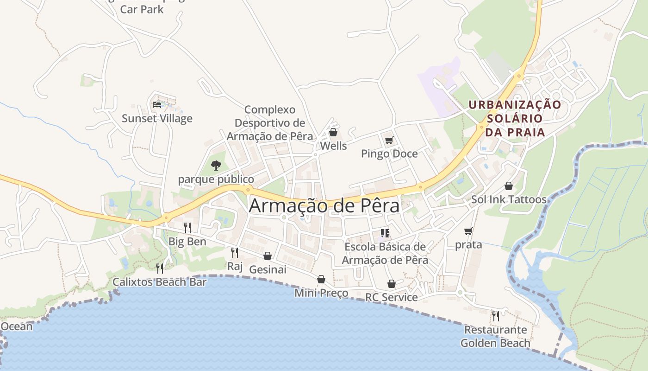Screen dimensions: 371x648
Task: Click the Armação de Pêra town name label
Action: (324, 205)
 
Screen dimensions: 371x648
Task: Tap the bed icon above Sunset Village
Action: (157, 105)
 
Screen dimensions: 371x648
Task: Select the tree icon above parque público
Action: (216, 165)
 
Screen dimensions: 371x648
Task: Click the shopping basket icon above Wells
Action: (333, 133)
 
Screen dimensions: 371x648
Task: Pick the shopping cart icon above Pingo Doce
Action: (389, 140)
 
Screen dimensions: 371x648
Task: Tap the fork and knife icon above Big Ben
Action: (187, 227)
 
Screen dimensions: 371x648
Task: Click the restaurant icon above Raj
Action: (235, 252)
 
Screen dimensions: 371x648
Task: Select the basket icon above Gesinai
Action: (268, 256)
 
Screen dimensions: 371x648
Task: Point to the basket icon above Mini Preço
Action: (321, 279)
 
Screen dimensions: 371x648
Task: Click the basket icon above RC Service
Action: (392, 284)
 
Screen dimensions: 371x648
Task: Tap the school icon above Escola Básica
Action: (385, 233)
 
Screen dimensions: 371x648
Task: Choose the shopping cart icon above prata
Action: (468, 231)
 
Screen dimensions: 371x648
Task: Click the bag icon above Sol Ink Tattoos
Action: (509, 186)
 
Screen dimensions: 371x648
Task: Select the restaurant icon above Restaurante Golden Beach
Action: (495, 316)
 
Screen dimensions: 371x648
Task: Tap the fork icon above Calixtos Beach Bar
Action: (160, 268)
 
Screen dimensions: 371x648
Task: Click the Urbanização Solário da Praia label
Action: (515, 118)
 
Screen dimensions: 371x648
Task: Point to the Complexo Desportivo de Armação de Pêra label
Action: (270, 123)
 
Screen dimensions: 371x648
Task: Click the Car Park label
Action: (142, 9)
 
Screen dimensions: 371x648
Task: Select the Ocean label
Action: (17, 326)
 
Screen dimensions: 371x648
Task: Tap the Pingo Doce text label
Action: (389, 154)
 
